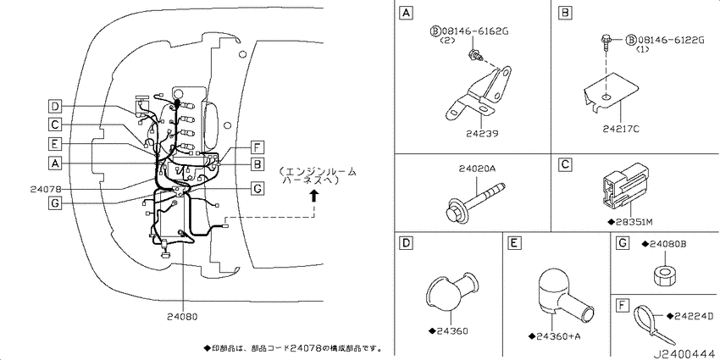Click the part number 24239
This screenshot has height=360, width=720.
click(482, 134)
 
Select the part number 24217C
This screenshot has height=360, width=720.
click(621, 130)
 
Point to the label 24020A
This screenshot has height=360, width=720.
click(477, 169)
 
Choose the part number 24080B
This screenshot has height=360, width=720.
click(667, 243)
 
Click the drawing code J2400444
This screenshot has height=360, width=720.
click(685, 354)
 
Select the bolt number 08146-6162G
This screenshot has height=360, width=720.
click(476, 31)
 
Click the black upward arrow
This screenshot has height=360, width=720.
click(313, 197)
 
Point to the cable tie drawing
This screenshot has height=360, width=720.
click(654, 324)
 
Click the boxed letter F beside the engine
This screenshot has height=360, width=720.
click(258, 148)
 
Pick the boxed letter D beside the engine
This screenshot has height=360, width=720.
click(54, 107)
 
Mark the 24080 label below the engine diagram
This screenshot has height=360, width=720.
click(183, 316)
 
